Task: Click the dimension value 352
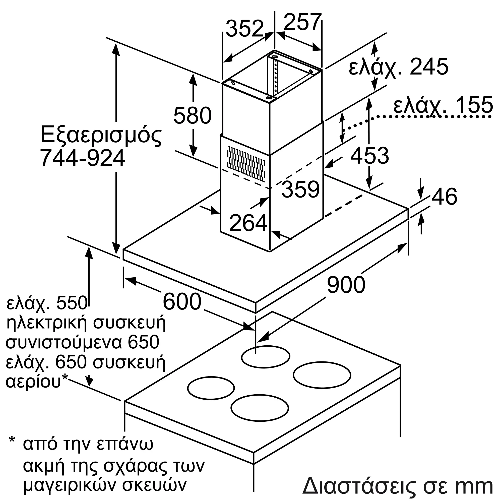245,29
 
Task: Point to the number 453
369,156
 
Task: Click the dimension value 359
300,190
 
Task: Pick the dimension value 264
248,223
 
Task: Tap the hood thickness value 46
444,197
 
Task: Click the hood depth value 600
182,301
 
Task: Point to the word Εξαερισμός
101,135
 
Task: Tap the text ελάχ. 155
443,105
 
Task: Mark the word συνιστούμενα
64,342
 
